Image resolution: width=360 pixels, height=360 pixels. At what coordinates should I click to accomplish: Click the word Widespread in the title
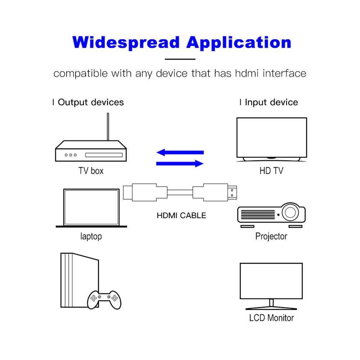pyautogui.click(x=126, y=42)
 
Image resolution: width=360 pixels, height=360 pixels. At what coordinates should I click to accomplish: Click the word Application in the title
pyautogui.click(x=239, y=42)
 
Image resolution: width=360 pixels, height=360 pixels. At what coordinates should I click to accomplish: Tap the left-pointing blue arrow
pyautogui.click(x=180, y=152)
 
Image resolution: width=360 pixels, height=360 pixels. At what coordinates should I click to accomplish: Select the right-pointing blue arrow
pyautogui.click(x=180, y=164)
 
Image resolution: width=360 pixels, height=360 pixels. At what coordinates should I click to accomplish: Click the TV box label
pyautogui.click(x=91, y=170)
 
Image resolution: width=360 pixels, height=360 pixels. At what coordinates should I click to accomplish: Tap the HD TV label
pyautogui.click(x=271, y=170)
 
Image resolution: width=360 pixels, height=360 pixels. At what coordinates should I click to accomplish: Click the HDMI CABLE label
pyautogui.click(x=182, y=216)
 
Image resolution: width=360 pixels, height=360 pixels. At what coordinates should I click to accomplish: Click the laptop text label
pyautogui.click(x=91, y=237)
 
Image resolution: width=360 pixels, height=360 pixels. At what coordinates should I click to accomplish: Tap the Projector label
pyautogui.click(x=271, y=237)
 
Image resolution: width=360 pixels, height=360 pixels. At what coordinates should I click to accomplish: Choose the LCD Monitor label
pyautogui.click(x=271, y=318)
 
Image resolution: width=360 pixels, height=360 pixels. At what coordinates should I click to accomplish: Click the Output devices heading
pyautogui.click(x=91, y=102)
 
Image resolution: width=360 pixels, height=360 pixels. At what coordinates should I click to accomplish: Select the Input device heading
pyautogui.click(x=271, y=102)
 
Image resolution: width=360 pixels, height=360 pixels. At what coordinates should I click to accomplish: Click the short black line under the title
pyautogui.click(x=180, y=59)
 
